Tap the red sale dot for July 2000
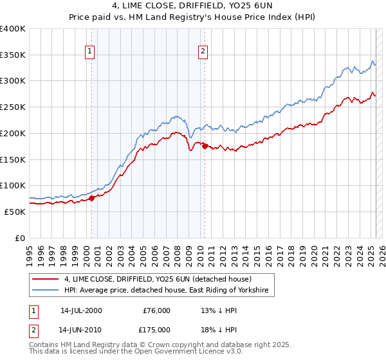pyautogui.click(x=91, y=198)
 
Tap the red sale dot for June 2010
pyautogui.click(x=205, y=146)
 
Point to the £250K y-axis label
pyautogui.click(x=13, y=107)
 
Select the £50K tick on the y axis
pyautogui.click(x=15, y=212)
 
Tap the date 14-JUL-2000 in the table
pyautogui.click(x=80, y=310)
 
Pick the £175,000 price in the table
pyautogui.click(x=157, y=329)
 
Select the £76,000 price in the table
pyautogui.click(x=157, y=310)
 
